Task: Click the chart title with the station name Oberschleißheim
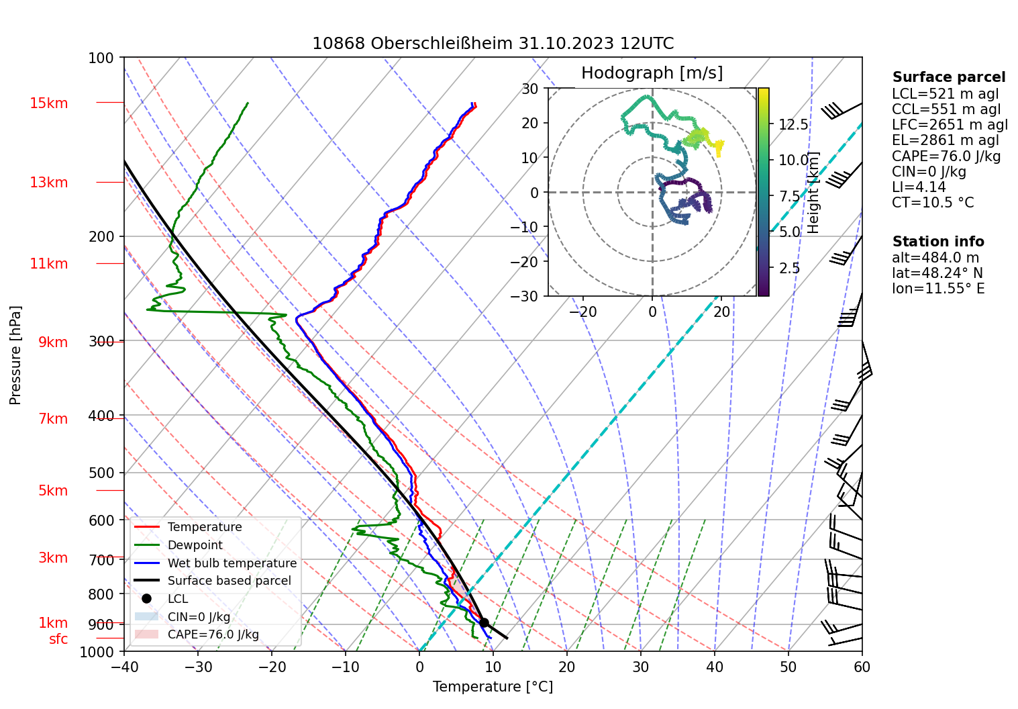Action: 493,44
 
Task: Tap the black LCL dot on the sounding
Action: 484,622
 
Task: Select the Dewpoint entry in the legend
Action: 195,545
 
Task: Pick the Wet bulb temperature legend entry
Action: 232,563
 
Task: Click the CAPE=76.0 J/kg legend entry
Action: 213,634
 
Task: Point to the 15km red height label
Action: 48,103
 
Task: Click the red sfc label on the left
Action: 58,639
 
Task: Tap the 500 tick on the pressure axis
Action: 101,473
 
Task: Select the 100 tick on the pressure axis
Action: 101,58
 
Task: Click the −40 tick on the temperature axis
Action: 124,667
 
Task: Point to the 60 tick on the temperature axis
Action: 862,667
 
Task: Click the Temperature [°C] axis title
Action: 493,687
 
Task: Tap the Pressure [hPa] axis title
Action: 15,355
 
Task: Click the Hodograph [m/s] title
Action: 652,73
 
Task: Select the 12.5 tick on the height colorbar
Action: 793,125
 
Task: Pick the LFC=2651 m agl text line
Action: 950,125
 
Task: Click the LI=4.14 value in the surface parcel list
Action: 919,187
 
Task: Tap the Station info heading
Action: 938,242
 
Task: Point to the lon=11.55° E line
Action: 938,289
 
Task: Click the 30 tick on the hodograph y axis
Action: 530,89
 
